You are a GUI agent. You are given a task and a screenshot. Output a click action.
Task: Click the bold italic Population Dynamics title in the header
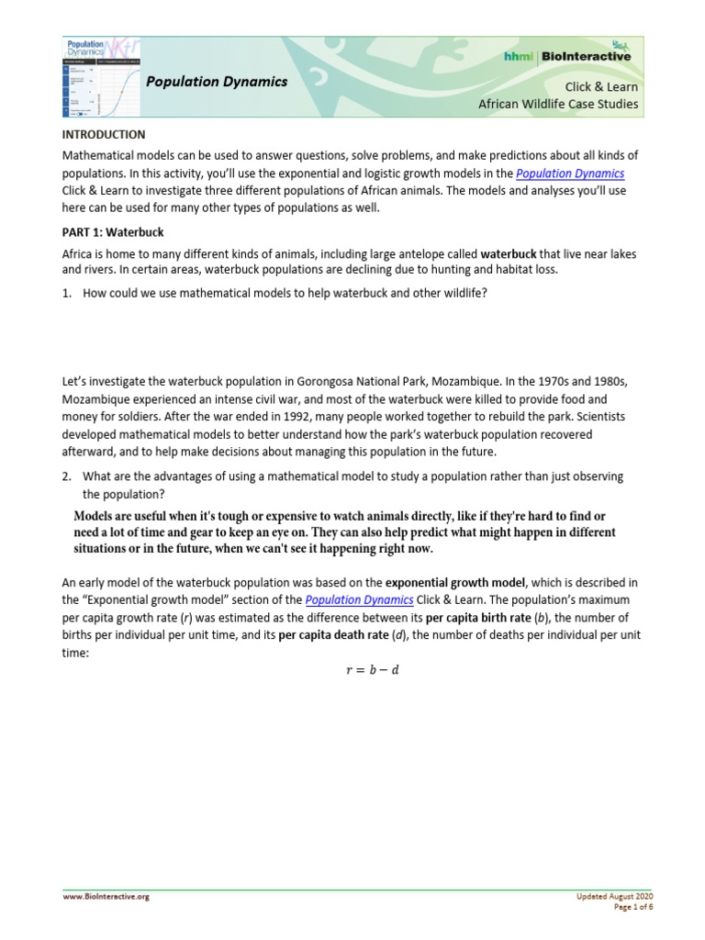[x=217, y=82]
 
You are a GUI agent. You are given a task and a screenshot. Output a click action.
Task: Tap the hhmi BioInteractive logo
[x=568, y=56]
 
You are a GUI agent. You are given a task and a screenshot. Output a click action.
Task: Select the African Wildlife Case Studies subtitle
[x=558, y=104]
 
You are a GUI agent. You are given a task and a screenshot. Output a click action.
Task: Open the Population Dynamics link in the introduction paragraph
[x=570, y=173]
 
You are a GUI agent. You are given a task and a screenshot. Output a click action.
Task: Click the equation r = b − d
[x=372, y=669]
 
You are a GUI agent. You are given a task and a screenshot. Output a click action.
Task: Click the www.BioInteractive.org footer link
[x=106, y=897]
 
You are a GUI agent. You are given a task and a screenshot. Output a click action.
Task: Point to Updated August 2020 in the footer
[x=615, y=896]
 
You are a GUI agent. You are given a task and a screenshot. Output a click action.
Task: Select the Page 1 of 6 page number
[x=633, y=907]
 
